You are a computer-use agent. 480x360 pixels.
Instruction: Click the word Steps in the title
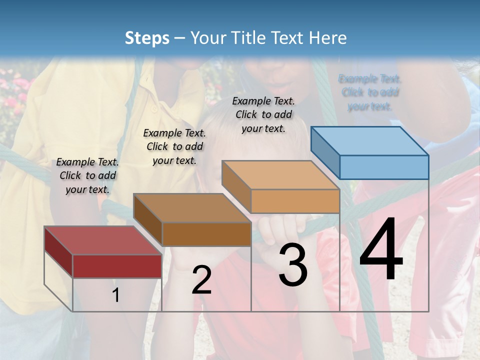click(147, 38)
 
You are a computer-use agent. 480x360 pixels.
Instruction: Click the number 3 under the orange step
click(292, 265)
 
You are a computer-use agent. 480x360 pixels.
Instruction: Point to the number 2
click(201, 280)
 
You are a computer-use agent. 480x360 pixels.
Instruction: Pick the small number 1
click(116, 295)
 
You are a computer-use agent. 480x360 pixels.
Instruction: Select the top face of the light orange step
click(280, 175)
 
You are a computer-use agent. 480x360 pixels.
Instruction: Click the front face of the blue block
click(384, 167)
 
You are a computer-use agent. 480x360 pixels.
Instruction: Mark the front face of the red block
click(117, 266)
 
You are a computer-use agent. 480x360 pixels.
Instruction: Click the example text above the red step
click(87, 175)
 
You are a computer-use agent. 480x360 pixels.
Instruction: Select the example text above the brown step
click(174, 146)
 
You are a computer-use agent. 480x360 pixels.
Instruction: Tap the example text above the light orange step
click(263, 114)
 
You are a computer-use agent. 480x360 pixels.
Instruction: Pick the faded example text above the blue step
click(370, 92)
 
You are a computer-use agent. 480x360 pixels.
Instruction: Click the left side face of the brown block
click(148, 220)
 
